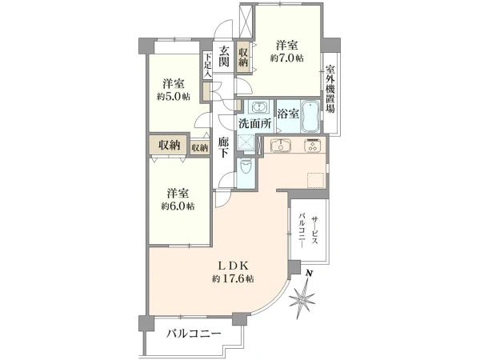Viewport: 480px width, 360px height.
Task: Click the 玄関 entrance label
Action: click(x=224, y=56)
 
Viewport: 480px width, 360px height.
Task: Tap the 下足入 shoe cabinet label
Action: click(x=208, y=66)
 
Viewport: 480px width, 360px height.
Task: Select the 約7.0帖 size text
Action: click(x=287, y=58)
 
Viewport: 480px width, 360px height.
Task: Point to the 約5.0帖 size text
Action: click(x=174, y=97)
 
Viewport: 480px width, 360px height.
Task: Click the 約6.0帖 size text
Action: click(x=178, y=206)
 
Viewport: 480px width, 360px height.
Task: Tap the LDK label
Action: click(x=234, y=265)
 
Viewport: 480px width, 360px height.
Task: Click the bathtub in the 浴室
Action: click(x=310, y=117)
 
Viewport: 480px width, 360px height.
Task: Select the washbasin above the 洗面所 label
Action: click(x=260, y=107)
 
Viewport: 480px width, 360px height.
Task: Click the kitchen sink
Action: click(x=280, y=146)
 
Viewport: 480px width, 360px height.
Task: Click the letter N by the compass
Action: click(x=310, y=274)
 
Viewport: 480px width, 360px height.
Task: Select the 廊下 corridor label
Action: click(x=224, y=147)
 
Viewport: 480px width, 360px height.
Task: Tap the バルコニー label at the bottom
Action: click(x=194, y=334)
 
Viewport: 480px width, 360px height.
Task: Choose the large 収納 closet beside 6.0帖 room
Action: click(x=168, y=145)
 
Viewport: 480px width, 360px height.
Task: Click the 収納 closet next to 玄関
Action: click(x=243, y=58)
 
